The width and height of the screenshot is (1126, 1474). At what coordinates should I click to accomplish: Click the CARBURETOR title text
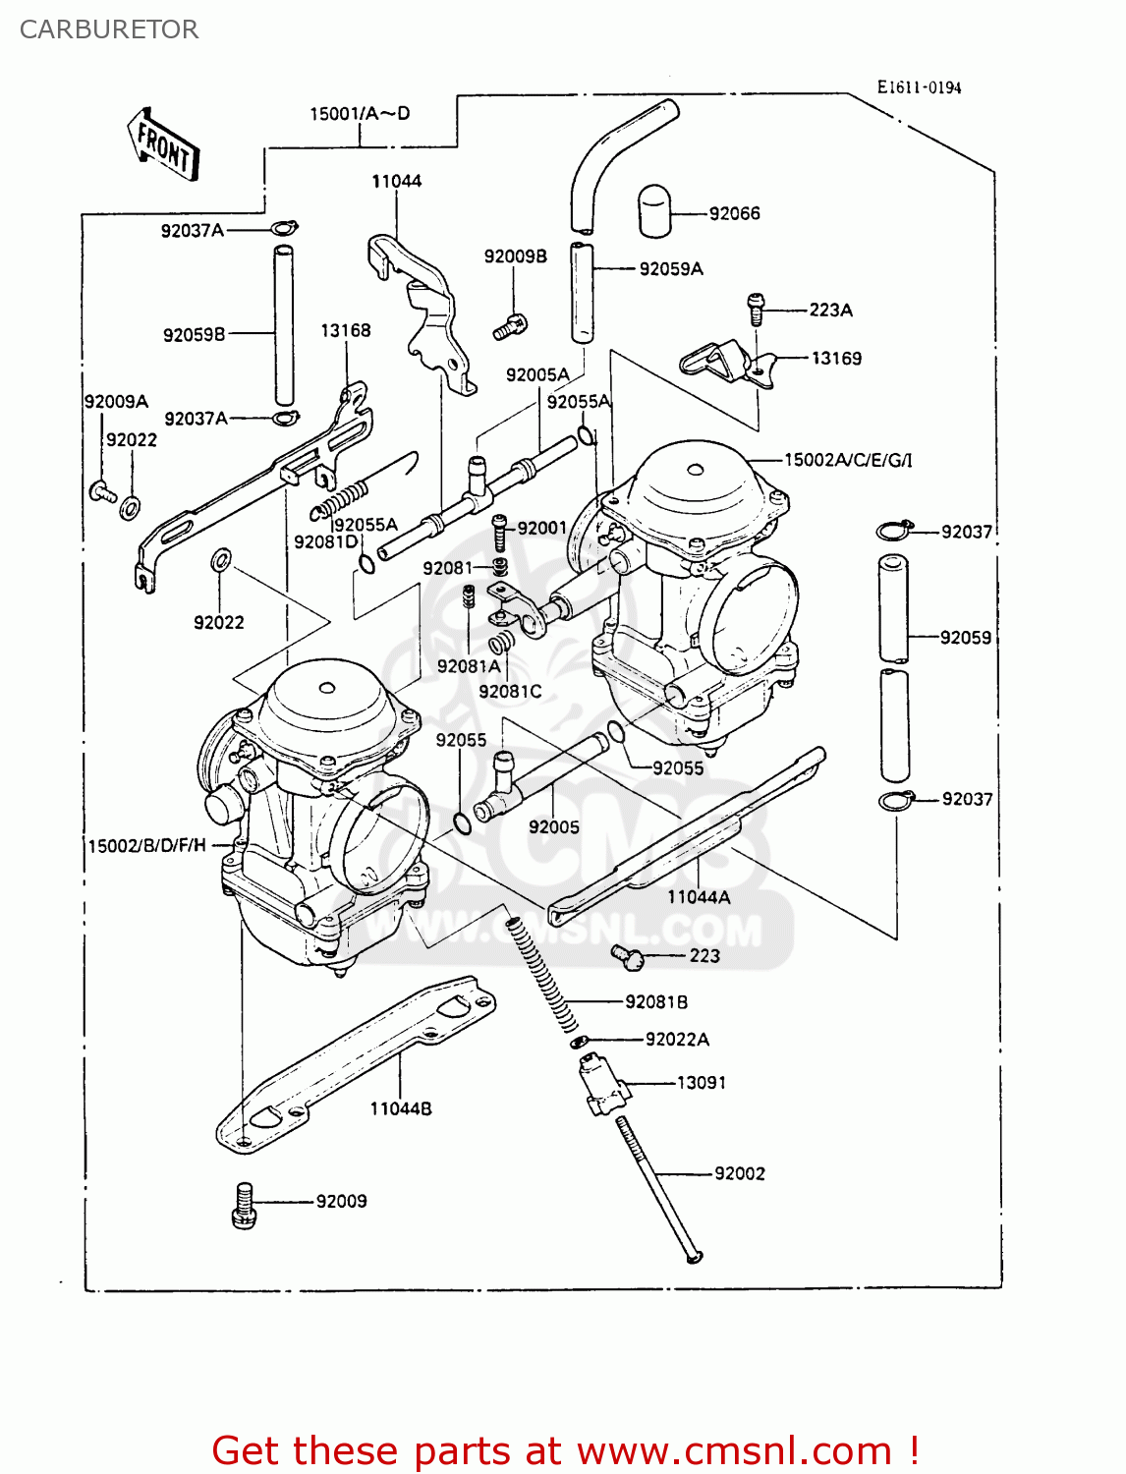(x=109, y=29)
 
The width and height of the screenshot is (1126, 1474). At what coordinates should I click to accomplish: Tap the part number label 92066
(x=734, y=213)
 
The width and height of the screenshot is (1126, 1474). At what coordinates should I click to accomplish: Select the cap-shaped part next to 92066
(x=654, y=211)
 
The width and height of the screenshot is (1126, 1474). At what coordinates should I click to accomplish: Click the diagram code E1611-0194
(x=919, y=87)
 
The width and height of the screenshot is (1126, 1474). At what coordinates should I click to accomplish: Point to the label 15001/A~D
(x=360, y=114)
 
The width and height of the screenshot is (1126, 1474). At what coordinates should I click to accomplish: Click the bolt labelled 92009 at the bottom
(x=244, y=1205)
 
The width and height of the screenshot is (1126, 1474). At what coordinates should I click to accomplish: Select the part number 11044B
(x=400, y=1108)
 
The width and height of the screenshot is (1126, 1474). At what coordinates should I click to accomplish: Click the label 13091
(x=702, y=1082)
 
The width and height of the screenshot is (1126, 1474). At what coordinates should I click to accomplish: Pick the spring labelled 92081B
(x=541, y=972)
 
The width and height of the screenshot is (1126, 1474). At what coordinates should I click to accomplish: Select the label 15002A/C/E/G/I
(x=848, y=460)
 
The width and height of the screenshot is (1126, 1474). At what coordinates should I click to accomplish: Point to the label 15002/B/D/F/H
(x=147, y=845)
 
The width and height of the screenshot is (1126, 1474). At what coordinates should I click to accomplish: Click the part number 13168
(x=346, y=330)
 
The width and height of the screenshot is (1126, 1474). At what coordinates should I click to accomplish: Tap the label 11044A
(x=699, y=896)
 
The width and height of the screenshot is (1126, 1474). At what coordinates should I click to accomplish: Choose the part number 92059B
(x=194, y=334)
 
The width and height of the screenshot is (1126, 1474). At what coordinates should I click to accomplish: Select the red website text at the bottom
(x=565, y=1450)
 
